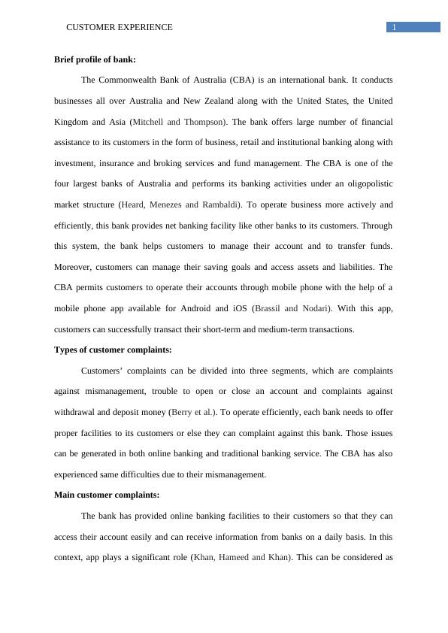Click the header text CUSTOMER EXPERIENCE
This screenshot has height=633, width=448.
[x=120, y=27]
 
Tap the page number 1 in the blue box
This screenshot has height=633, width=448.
[x=393, y=28]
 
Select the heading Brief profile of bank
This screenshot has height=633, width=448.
[x=95, y=59]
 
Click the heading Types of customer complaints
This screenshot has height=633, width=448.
[x=113, y=350]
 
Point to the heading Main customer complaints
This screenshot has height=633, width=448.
[x=107, y=495]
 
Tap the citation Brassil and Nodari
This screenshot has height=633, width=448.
[x=294, y=308]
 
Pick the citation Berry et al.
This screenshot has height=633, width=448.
[x=193, y=412]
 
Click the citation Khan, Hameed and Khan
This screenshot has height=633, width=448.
[x=241, y=557]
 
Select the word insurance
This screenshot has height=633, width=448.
[x=112, y=163]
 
